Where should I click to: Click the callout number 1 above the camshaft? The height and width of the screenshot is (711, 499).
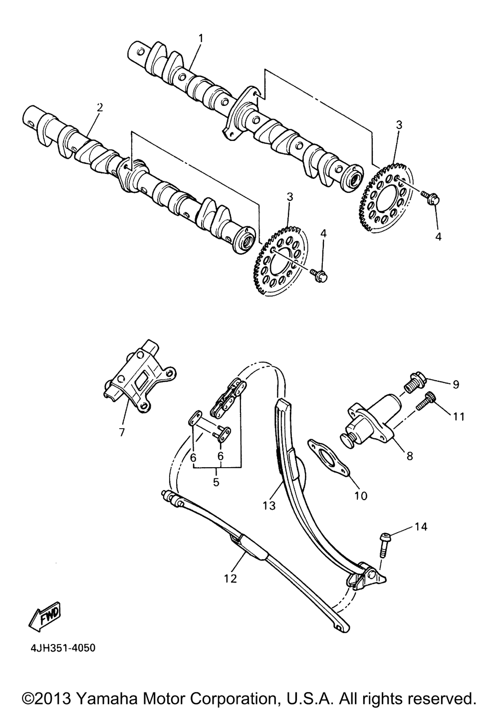tap(201, 38)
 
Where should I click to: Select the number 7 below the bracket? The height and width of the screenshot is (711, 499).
tap(122, 432)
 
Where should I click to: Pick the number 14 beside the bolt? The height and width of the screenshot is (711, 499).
tap(421, 526)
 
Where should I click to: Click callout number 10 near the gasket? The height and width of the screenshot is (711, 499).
tap(360, 496)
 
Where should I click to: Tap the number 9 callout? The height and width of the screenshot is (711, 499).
tap(456, 384)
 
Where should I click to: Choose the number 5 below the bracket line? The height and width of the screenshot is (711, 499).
tap(217, 482)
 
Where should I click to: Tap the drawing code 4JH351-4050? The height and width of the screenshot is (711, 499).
tap(58, 649)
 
